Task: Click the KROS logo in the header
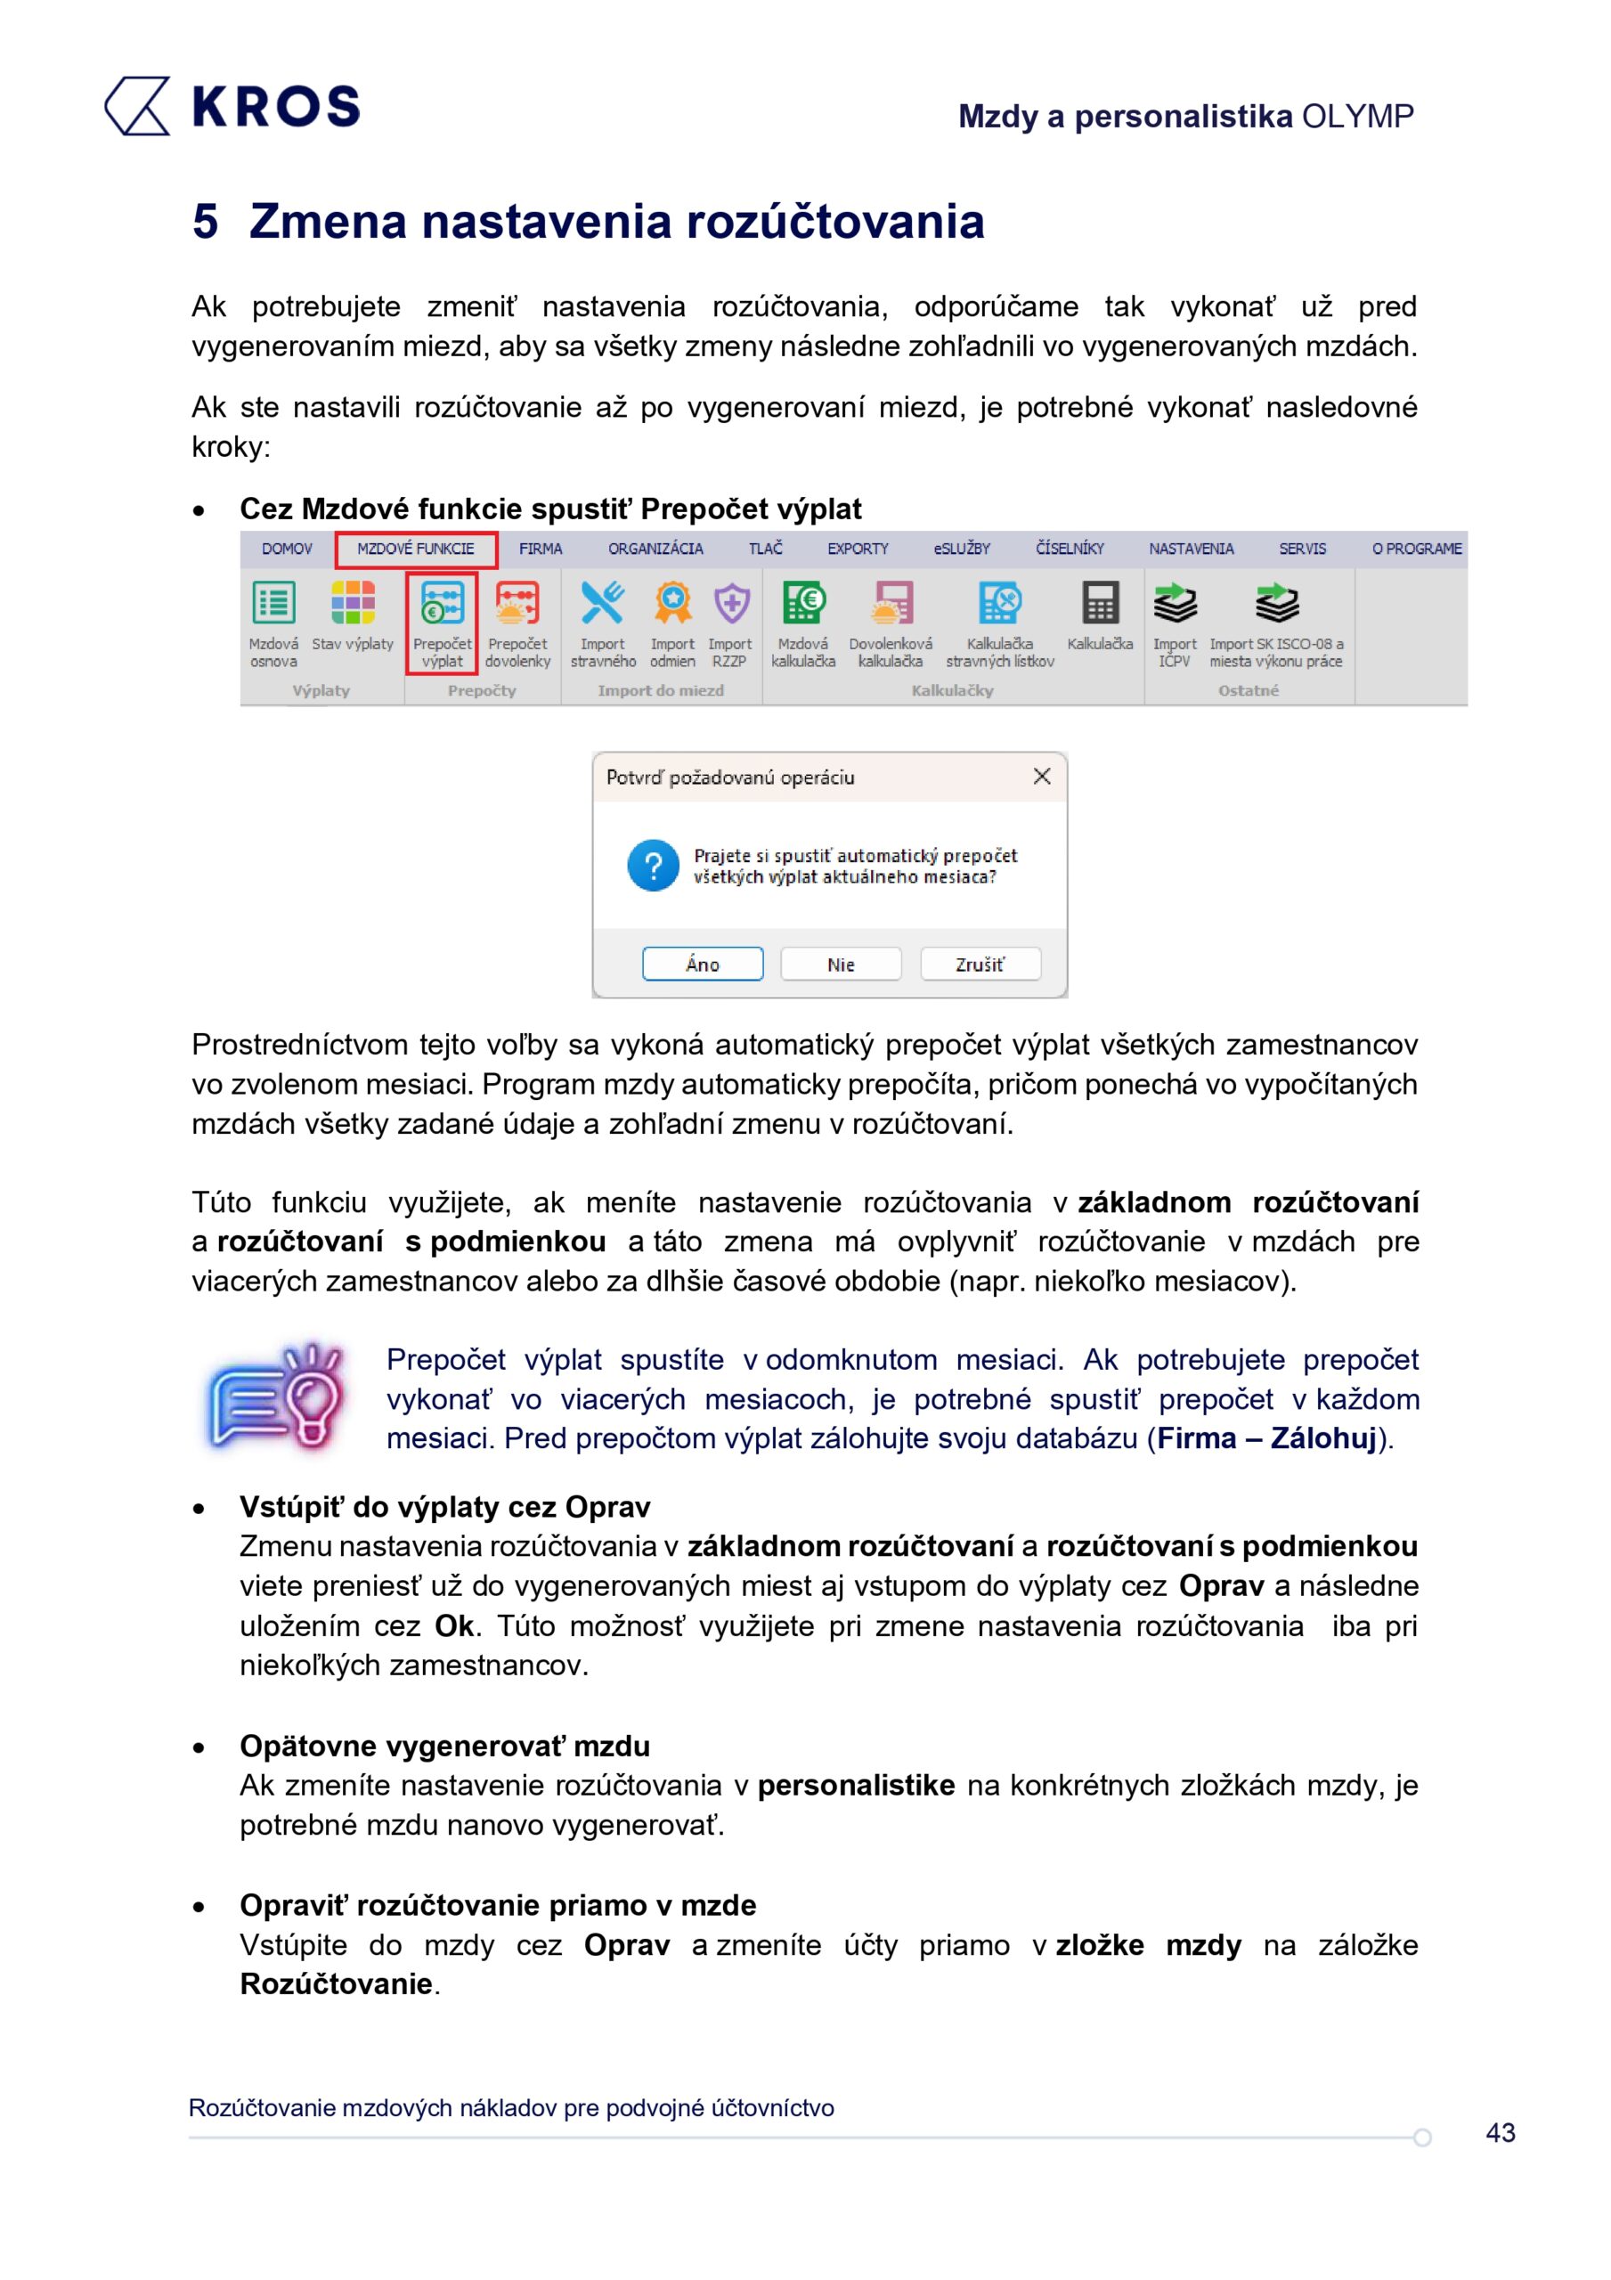[x=232, y=106]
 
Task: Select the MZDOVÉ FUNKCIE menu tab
[x=415, y=550]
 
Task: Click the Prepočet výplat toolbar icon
[x=442, y=605]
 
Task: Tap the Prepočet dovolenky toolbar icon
[x=517, y=605]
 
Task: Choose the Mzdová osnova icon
[x=273, y=605]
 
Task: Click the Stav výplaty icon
[x=353, y=605]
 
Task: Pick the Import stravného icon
[x=602, y=605]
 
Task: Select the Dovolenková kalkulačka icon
[x=891, y=605]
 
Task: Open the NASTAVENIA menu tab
[x=1191, y=550]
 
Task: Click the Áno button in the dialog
[x=703, y=965]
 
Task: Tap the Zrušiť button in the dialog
[x=980, y=965]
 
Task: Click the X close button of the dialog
[x=1042, y=777]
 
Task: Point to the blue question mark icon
[x=653, y=866]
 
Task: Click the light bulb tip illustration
[x=276, y=1398]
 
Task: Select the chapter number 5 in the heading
[x=205, y=222]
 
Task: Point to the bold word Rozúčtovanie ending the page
[x=336, y=1984]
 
